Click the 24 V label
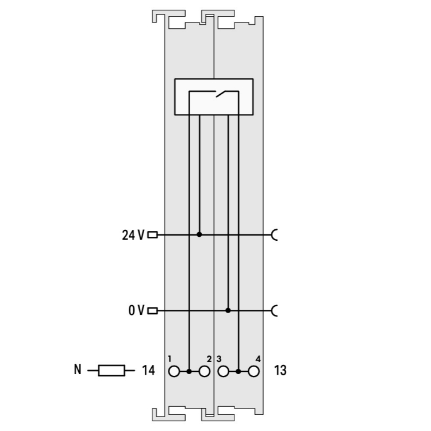coord(133,235)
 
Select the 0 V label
coord(136,310)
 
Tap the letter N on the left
coord(78,369)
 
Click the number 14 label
coord(148,370)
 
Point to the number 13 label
coord(280,370)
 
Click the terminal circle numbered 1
coord(174,371)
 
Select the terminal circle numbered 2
coord(204,371)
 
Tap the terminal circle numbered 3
coord(223,371)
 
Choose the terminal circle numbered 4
coord(253,371)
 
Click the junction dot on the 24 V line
coord(199,234)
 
